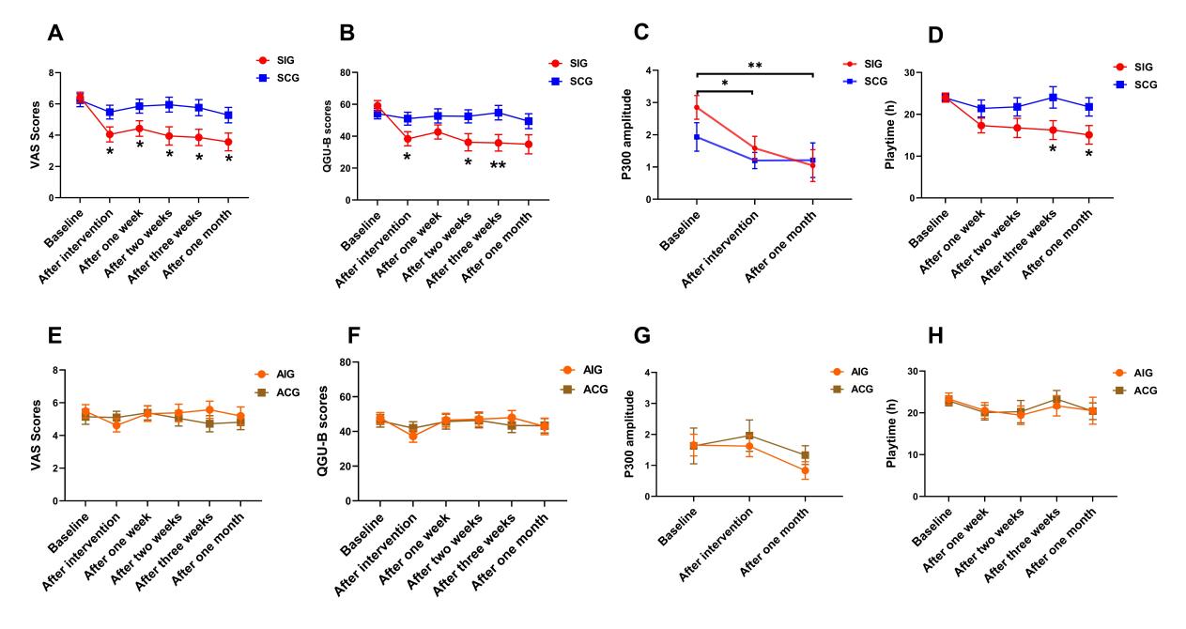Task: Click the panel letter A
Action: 56,35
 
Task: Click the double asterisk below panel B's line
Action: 498,165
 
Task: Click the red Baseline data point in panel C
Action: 697,107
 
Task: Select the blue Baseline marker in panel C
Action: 697,137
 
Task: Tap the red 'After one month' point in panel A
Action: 228,142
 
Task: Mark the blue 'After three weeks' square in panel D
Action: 1053,98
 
